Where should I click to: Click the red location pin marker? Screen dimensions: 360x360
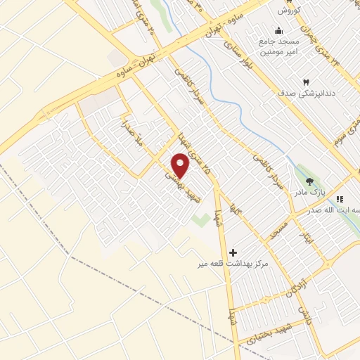(x=181, y=165)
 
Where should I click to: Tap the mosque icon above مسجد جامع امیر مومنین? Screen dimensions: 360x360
(x=279, y=31)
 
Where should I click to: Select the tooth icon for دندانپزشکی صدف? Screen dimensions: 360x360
(x=306, y=82)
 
